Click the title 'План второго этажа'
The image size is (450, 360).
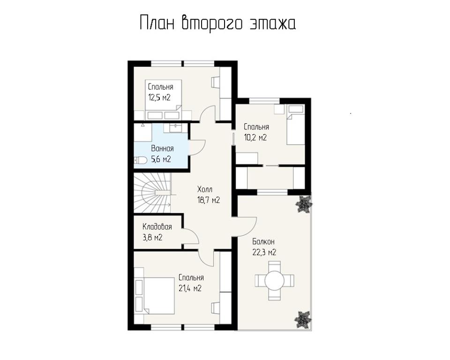click(x=218, y=23)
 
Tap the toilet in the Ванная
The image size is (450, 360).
click(x=141, y=160)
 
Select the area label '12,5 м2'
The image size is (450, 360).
click(x=159, y=97)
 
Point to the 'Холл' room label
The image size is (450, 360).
click(x=205, y=189)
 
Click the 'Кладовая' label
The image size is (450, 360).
click(x=157, y=227)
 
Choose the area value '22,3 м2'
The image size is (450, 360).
click(x=264, y=252)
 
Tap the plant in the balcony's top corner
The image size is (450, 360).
click(x=304, y=204)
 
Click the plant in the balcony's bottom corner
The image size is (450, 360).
click(x=304, y=320)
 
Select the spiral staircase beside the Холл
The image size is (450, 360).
click(x=152, y=193)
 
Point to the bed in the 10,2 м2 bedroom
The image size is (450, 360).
click(x=296, y=129)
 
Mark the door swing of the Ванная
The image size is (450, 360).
click(x=197, y=147)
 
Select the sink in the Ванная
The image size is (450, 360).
click(x=175, y=127)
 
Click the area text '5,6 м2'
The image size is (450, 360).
click(x=161, y=159)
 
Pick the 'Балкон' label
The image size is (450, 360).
click(x=263, y=242)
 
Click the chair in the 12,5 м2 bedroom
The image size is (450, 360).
click(x=216, y=82)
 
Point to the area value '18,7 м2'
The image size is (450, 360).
click(x=209, y=200)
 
